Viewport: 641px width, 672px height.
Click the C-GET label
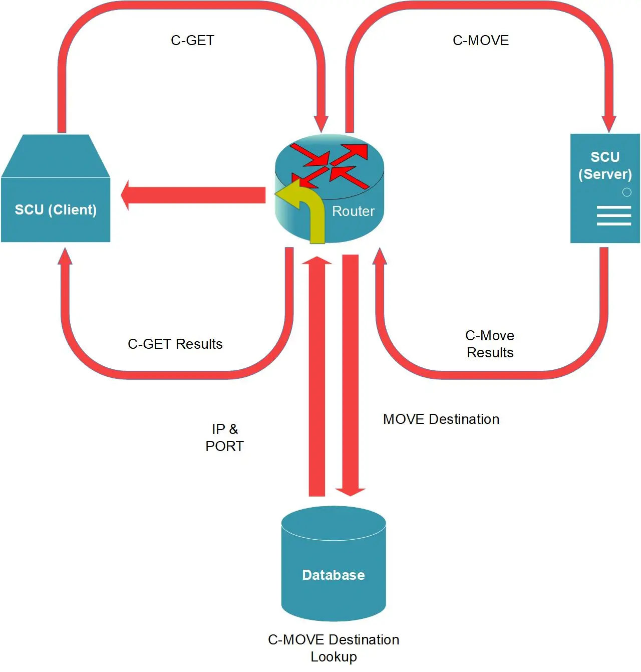[x=192, y=40]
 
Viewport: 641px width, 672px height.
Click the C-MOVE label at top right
[x=480, y=40]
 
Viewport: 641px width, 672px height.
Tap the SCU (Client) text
[x=56, y=209]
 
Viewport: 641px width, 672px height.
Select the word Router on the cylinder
[x=353, y=211]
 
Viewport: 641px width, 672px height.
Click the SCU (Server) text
[x=605, y=165]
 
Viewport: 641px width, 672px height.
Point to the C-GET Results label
[x=175, y=344]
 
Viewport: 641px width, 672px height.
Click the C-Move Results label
[x=490, y=344]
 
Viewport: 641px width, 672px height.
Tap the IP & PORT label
[x=224, y=437]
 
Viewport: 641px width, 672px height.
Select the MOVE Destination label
[x=441, y=419]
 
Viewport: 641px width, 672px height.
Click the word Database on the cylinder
[x=333, y=575]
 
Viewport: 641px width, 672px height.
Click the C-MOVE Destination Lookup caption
[x=334, y=648]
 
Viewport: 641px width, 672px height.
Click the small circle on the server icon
[x=626, y=192]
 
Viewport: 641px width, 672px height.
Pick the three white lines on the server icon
[x=613, y=216]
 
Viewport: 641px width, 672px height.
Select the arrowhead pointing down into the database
[x=350, y=492]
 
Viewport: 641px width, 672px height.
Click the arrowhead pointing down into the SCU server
[x=608, y=123]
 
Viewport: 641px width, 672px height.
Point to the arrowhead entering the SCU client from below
[x=65, y=256]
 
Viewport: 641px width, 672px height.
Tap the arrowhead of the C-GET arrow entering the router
[x=321, y=123]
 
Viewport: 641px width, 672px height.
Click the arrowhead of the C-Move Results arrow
[x=380, y=256]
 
